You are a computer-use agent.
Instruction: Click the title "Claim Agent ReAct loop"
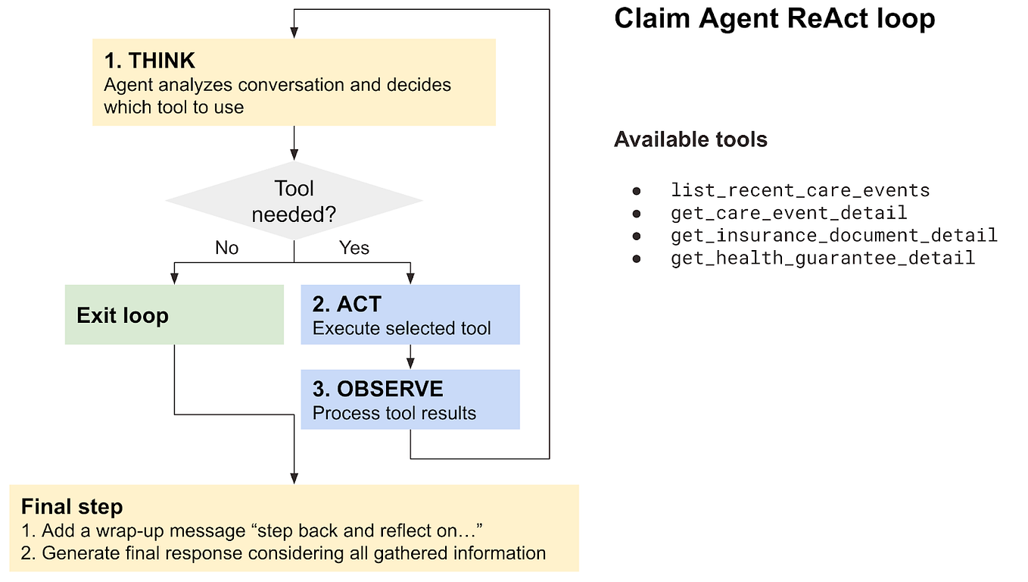point(774,19)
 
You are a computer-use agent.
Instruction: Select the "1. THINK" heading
point(149,61)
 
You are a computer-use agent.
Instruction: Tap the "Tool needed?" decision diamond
point(294,202)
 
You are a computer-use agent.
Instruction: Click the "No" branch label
point(226,249)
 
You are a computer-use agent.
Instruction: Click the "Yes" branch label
point(354,249)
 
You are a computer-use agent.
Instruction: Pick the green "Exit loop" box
point(174,314)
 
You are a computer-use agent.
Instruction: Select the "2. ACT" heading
point(347,304)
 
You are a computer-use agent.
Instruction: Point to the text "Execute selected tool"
point(401,328)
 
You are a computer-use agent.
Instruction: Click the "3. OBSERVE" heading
point(378,389)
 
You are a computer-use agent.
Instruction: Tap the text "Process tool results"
point(394,413)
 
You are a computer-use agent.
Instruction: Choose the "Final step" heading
point(72,507)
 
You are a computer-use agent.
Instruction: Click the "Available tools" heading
point(690,139)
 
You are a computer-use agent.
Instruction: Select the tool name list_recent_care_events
point(799,190)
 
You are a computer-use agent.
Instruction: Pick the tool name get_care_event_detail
point(788,213)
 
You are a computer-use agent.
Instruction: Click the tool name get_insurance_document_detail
point(833,236)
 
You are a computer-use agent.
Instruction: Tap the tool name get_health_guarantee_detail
point(822,258)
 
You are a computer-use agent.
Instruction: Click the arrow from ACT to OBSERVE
point(410,357)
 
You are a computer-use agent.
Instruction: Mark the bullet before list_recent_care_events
point(637,191)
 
